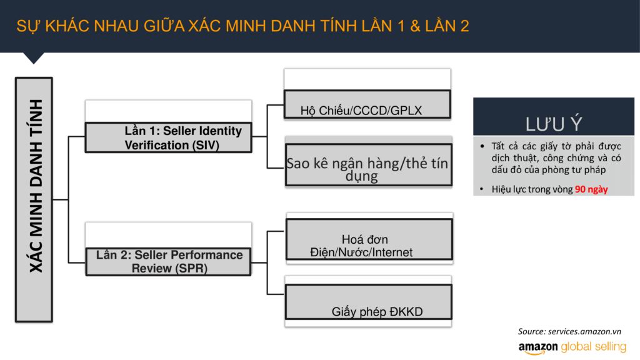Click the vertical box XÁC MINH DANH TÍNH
(x=34, y=199)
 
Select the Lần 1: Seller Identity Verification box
(x=168, y=137)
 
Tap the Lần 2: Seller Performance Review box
(x=168, y=262)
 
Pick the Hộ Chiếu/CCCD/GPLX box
(x=367, y=104)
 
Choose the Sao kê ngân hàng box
(x=369, y=165)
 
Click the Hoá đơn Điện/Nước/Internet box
(x=369, y=239)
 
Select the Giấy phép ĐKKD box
(x=369, y=302)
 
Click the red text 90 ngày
(x=591, y=189)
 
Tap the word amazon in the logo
(x=538, y=347)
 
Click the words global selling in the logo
(x=594, y=347)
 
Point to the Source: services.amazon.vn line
(x=569, y=331)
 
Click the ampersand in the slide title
(x=415, y=26)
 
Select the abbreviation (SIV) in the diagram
(x=203, y=145)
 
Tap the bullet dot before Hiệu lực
(x=482, y=189)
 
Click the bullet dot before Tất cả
(x=482, y=146)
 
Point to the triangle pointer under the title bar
(x=34, y=57)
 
